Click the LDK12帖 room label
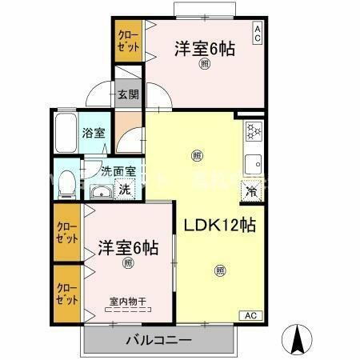pyautogui.click(x=220, y=225)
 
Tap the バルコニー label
pyautogui.click(x=158, y=341)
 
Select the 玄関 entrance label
pyautogui.click(x=128, y=95)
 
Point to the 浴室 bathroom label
pyautogui.click(x=94, y=134)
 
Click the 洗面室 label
pyautogui.click(x=118, y=170)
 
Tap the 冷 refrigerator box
pyautogui.click(x=251, y=190)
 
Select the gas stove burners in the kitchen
pyautogui.click(x=253, y=130)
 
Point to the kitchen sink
pyautogui.click(x=254, y=160)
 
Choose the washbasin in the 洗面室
pyautogui.click(x=101, y=192)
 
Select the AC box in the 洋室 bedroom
pyautogui.click(x=258, y=33)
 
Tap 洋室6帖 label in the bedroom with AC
pyautogui.click(x=204, y=48)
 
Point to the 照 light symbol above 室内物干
pyautogui.click(x=127, y=262)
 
